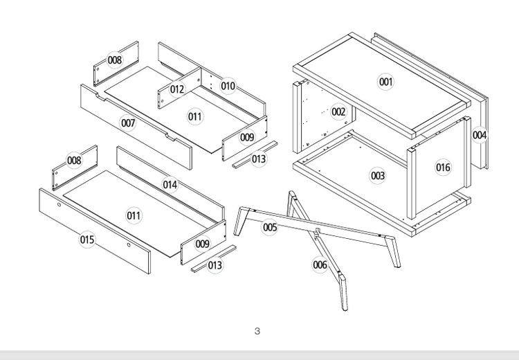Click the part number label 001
tap(385, 82)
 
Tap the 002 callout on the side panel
tap(338, 111)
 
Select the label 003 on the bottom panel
tap(377, 176)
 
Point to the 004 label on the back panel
tap(480, 135)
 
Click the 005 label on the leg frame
tap(270, 227)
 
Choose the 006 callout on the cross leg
tap(320, 264)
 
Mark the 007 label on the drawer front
tap(128, 123)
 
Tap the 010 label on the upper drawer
tap(228, 86)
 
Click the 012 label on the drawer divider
tap(177, 89)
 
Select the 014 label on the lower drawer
tap(170, 184)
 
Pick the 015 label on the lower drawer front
tap(86, 240)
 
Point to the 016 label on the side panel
tap(443, 167)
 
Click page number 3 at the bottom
tap(257, 332)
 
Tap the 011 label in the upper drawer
tap(196, 116)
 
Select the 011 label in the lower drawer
tap(134, 215)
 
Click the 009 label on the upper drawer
tap(247, 137)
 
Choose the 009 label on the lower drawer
tap(202, 244)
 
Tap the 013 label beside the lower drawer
tap(215, 265)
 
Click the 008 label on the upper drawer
tap(115, 60)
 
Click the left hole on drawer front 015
tap(59, 206)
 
